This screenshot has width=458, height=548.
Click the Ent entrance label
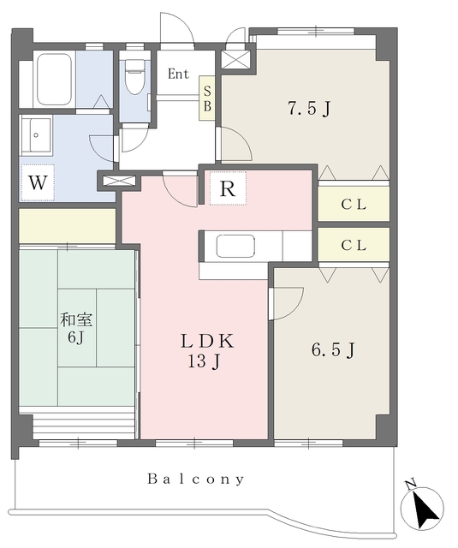(x=178, y=74)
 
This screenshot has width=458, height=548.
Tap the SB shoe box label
(x=207, y=98)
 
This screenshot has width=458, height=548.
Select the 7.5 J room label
(x=309, y=109)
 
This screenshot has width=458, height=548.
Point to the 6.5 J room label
(x=333, y=350)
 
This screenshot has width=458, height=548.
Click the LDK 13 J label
(x=207, y=351)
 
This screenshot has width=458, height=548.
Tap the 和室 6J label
(x=76, y=329)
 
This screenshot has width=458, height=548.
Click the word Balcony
(x=196, y=479)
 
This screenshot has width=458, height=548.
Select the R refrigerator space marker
(x=228, y=188)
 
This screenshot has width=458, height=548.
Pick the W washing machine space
(x=38, y=182)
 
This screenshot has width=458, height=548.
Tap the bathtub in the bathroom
(x=54, y=80)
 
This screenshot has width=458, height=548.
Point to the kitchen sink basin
(x=235, y=246)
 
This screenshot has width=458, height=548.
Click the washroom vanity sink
(x=36, y=135)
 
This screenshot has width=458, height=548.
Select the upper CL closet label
(x=354, y=205)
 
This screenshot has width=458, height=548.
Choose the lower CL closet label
(x=354, y=246)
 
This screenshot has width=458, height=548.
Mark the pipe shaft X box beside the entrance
(x=236, y=59)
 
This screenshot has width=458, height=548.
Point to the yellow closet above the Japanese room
(x=67, y=226)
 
